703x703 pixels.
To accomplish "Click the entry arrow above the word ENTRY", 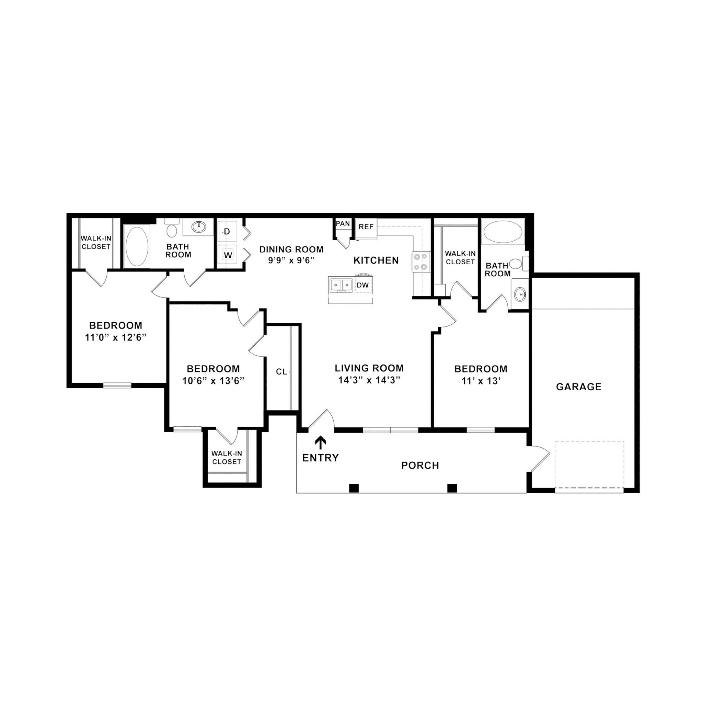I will [x=320, y=443].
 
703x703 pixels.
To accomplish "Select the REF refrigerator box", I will [x=366, y=227].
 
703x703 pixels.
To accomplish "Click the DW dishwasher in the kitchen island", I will [x=362, y=285].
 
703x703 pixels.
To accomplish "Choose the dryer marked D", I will [x=227, y=232].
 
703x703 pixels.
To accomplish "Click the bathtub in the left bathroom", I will [x=137, y=247].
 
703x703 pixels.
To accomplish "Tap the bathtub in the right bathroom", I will [x=503, y=232].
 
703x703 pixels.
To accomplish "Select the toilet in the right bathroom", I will [x=516, y=263].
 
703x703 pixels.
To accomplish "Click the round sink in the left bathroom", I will [x=199, y=227].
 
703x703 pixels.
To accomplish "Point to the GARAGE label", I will [x=578, y=387].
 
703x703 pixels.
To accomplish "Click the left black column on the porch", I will [x=354, y=488].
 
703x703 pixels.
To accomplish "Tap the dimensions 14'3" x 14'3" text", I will [x=369, y=380].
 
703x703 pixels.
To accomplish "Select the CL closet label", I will [x=281, y=371].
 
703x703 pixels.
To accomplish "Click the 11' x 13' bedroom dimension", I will [x=481, y=381].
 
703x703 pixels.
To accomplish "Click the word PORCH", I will [x=420, y=465].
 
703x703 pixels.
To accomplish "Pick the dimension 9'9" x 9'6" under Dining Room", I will [x=291, y=260].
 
